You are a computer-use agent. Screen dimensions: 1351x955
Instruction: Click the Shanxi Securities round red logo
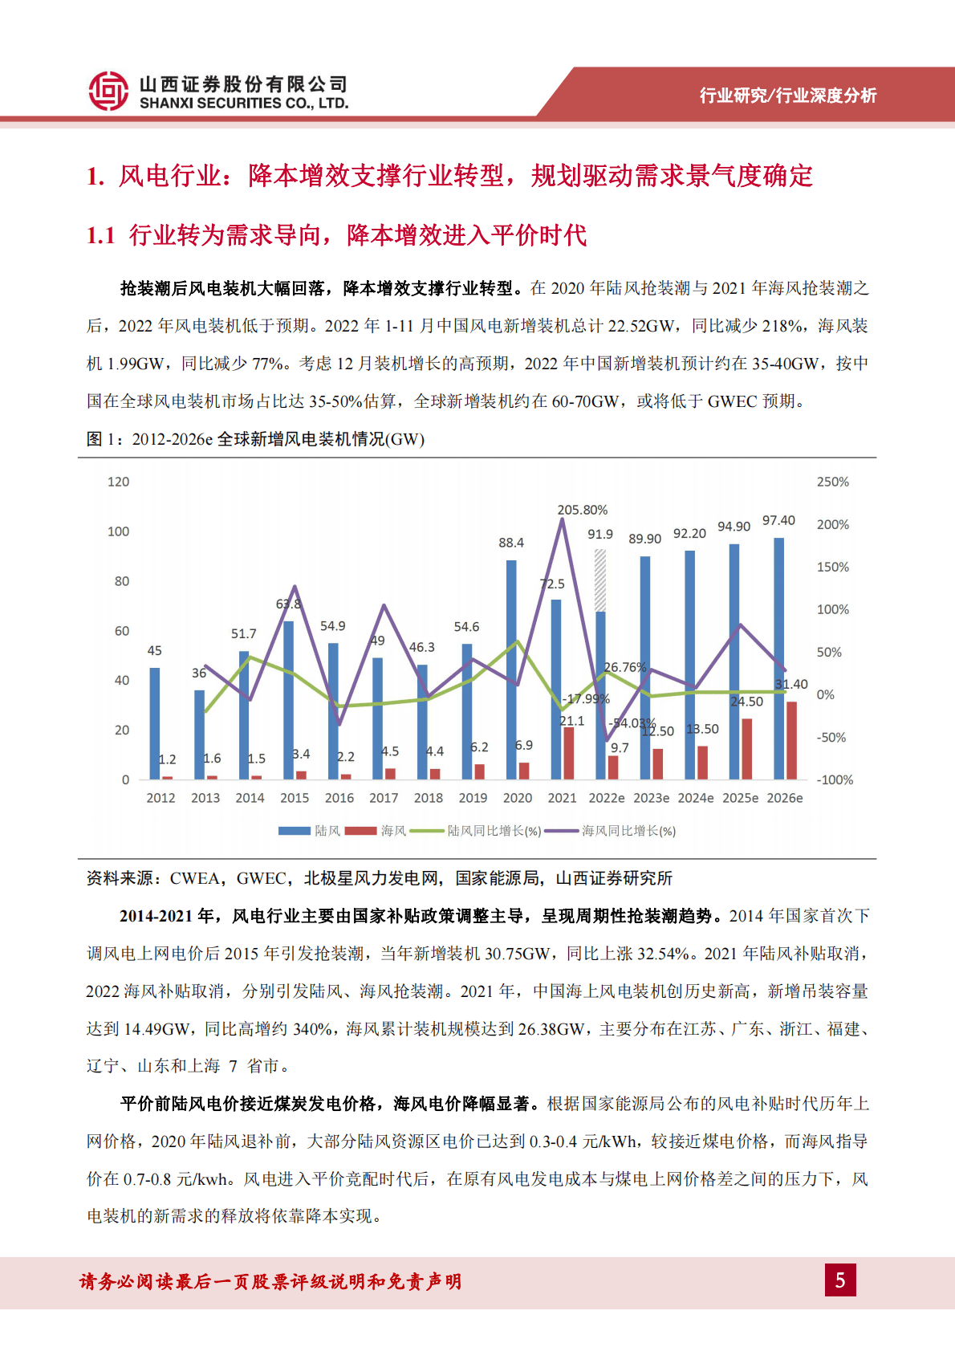[x=108, y=91]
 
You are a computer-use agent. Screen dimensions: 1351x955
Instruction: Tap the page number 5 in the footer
[x=840, y=1280]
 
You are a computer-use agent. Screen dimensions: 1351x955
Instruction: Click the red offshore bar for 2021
[x=569, y=753]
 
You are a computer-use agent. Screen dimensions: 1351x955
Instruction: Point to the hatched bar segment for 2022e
[x=600, y=580]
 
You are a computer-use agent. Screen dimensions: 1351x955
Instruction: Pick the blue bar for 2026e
[x=778, y=658]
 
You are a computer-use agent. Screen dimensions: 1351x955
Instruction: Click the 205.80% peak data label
[x=582, y=510]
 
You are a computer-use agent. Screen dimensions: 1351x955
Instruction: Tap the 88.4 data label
[x=511, y=543]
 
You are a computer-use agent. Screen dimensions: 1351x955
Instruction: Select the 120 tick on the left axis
[x=118, y=482]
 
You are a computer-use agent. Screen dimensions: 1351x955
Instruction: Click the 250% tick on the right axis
[x=832, y=482]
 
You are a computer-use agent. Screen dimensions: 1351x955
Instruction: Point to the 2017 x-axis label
[x=384, y=798]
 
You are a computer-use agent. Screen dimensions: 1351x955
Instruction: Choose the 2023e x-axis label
[x=651, y=798]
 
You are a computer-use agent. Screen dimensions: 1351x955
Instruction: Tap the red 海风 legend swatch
[x=361, y=831]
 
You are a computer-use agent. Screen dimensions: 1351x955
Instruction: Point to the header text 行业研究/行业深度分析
[x=787, y=96]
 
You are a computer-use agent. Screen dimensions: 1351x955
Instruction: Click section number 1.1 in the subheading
[x=101, y=235]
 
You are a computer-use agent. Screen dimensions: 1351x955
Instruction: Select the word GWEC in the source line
[x=260, y=878]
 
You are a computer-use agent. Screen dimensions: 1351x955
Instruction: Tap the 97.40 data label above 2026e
[x=778, y=521]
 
